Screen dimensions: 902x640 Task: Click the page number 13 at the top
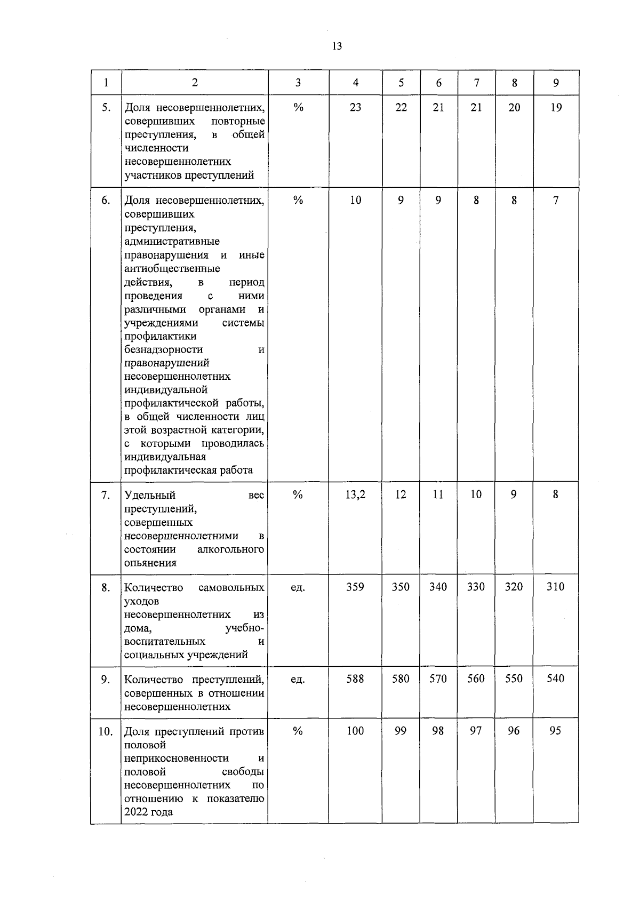[x=337, y=46]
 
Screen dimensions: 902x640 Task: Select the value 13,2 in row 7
[x=355, y=494]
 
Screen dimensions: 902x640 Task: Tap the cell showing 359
[x=355, y=587]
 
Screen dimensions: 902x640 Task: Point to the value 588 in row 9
[x=355, y=679]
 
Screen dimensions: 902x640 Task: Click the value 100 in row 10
[x=355, y=731]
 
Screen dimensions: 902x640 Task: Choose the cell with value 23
[x=355, y=107]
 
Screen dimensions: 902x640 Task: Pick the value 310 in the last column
[x=555, y=587]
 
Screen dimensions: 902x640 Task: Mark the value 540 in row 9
[x=555, y=679]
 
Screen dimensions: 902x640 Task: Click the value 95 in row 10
[x=555, y=731]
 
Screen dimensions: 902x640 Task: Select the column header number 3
[x=298, y=83]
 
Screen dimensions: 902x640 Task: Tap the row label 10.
[x=106, y=731]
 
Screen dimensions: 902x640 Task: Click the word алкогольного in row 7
[x=230, y=549]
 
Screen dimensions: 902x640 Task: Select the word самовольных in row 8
[x=231, y=588]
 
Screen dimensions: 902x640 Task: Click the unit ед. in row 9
[x=298, y=680]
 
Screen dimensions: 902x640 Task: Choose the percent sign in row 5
[x=298, y=108]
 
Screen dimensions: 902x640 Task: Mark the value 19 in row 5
[x=556, y=107]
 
